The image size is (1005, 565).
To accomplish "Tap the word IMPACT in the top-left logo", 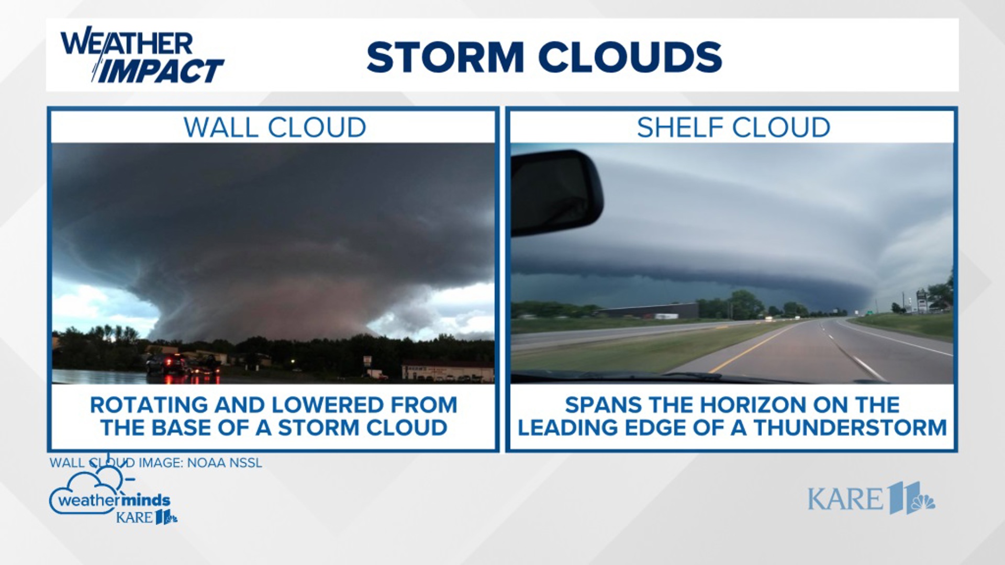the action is pos(160,71).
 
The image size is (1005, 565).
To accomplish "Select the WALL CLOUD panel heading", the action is pos(274,128).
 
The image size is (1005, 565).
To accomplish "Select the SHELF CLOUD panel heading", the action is pos(733,128).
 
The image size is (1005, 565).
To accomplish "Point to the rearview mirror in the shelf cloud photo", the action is pos(556,191).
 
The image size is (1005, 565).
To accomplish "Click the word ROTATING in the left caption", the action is pos(149,405).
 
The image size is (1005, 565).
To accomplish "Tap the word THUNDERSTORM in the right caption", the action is pos(850,428).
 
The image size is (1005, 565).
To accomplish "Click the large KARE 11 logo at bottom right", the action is pos(871,498).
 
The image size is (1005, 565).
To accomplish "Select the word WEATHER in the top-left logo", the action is pos(127,43).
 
